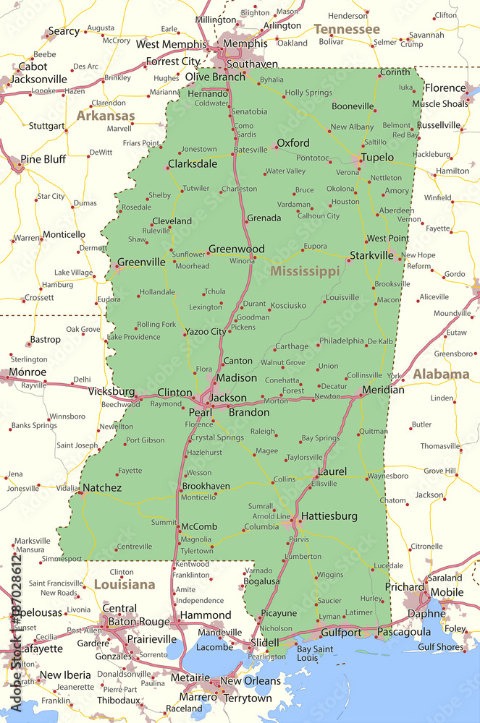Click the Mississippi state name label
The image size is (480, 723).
pos(304,272)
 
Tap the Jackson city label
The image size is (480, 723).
pos(227,398)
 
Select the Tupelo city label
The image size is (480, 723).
pos(377,158)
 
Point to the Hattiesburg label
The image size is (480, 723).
pos(329,516)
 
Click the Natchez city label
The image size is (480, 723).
pos(101,488)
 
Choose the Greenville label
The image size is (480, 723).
pos(140,262)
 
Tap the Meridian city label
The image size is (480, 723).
pos(384,390)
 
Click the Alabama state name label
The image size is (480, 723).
pos(441,375)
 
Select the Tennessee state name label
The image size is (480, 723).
pos(346,30)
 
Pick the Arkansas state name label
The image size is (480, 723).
pos(106,116)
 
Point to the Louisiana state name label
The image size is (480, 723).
pos(124,584)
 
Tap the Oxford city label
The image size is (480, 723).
pos(293,143)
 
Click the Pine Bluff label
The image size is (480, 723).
pos(43,159)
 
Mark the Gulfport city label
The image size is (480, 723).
pos(341,633)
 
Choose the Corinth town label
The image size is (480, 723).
pos(395,72)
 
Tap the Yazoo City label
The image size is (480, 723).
pos(205,332)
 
